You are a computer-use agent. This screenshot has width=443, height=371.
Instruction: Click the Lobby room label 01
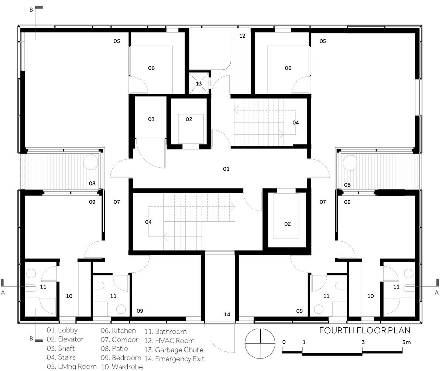point(226,169)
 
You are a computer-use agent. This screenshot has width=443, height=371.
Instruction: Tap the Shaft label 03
point(151,119)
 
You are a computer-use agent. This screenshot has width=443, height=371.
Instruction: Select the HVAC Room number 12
point(242,36)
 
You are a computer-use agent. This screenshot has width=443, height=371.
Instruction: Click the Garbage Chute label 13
point(199,84)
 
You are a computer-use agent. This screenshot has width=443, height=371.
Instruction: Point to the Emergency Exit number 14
point(227,314)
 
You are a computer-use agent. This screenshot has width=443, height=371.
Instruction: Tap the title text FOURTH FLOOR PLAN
point(365,330)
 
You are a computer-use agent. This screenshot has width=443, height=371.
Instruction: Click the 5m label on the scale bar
point(406,342)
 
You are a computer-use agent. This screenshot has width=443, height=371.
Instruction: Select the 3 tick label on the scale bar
point(363,342)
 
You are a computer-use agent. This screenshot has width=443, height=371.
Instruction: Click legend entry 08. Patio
point(114,349)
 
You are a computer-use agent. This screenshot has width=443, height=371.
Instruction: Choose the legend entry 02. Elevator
point(65,339)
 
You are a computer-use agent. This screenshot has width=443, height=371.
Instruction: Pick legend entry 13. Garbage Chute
point(174,350)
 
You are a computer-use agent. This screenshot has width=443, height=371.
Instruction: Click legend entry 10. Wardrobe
point(122,367)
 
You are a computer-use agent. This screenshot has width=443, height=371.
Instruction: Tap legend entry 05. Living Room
point(72,367)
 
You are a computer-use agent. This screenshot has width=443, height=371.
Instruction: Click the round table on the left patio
point(91,162)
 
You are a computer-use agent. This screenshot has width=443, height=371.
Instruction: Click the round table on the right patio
point(350,163)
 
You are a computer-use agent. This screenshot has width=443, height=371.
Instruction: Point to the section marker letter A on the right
point(437,293)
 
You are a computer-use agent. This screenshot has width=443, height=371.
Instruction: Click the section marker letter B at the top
point(31,10)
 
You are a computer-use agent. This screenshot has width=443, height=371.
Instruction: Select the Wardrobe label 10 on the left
point(69,296)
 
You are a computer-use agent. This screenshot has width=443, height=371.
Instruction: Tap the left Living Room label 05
point(117,41)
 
